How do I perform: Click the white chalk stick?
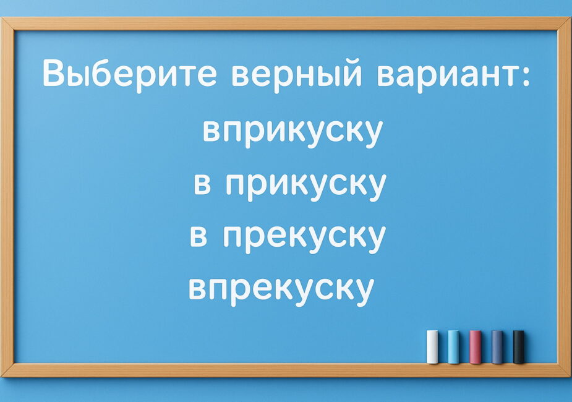432,346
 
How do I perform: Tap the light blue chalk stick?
453,346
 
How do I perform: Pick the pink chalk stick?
475,346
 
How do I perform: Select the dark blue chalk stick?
497,346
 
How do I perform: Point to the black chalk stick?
518,346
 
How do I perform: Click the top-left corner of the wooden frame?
1,17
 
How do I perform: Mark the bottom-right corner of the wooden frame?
570,376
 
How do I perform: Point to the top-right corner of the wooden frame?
570,17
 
